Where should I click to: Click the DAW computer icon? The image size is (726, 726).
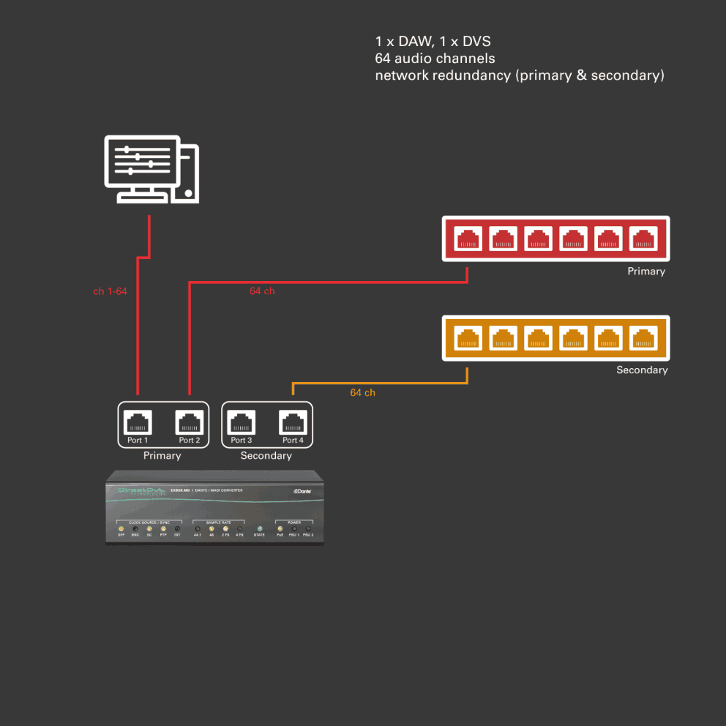click(x=151, y=169)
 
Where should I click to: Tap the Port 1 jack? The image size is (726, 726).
click(x=138, y=422)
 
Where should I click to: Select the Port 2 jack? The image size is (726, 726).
click(x=189, y=422)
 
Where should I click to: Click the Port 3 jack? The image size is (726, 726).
click(x=242, y=422)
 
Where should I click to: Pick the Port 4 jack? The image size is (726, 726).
click(x=293, y=422)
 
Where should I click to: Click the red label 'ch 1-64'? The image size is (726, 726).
click(x=110, y=291)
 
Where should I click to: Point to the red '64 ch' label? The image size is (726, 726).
click(x=262, y=291)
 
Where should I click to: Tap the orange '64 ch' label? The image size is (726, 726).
click(x=362, y=393)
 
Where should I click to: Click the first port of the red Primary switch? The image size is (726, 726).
click(x=468, y=238)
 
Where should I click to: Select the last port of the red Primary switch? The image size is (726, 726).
click(x=643, y=238)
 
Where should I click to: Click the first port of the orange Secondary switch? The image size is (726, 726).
click(x=468, y=337)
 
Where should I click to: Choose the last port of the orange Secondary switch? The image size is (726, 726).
click(x=643, y=337)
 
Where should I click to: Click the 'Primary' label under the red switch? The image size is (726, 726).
click(x=645, y=272)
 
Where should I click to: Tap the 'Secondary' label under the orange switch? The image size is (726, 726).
click(x=642, y=370)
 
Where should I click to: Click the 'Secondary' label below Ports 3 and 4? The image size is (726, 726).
click(x=266, y=456)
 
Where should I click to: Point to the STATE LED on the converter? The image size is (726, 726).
click(x=259, y=528)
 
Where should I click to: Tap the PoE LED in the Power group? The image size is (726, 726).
click(x=280, y=528)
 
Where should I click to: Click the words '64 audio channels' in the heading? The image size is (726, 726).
click(x=435, y=59)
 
